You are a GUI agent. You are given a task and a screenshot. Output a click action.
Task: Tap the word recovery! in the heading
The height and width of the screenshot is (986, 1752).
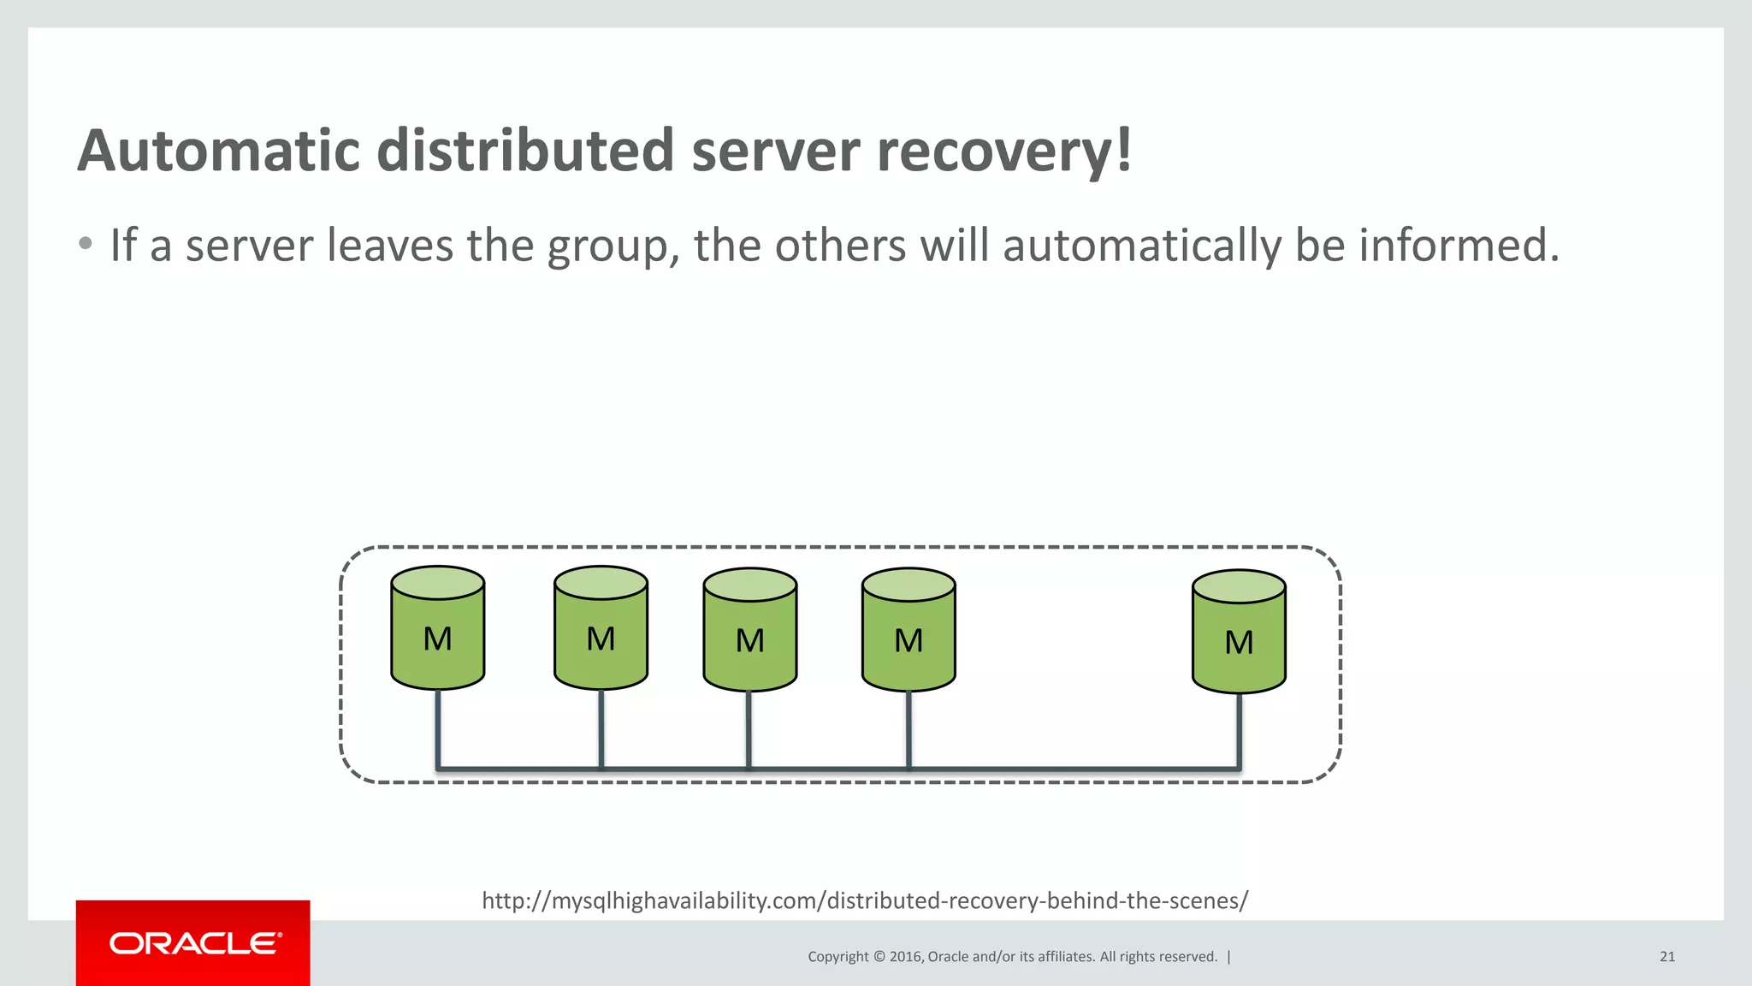click(1005, 151)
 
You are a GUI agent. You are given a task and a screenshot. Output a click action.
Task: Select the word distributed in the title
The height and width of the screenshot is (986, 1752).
click(526, 151)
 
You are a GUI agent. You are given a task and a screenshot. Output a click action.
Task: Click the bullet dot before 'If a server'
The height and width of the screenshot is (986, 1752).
click(85, 244)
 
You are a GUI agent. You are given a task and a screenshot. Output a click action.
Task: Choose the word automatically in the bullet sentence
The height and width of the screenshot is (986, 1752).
click(1141, 246)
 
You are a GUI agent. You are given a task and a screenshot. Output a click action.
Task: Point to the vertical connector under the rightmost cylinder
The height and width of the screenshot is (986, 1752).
click(1239, 729)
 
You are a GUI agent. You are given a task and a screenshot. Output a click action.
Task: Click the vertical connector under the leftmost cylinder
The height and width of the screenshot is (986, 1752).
click(438, 728)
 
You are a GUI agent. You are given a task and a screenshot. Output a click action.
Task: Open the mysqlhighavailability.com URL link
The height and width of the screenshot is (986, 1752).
click(865, 900)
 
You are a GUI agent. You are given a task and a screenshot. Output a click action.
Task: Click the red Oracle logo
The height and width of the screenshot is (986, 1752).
click(193, 943)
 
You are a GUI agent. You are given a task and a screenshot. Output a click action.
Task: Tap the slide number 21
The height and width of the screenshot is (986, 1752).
click(1666, 957)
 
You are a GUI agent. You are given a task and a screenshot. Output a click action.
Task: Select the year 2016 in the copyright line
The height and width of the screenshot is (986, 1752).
click(904, 957)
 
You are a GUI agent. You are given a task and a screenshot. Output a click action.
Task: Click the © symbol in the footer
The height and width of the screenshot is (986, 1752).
click(879, 957)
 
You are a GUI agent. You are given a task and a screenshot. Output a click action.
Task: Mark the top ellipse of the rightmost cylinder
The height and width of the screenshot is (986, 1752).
click(1239, 587)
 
